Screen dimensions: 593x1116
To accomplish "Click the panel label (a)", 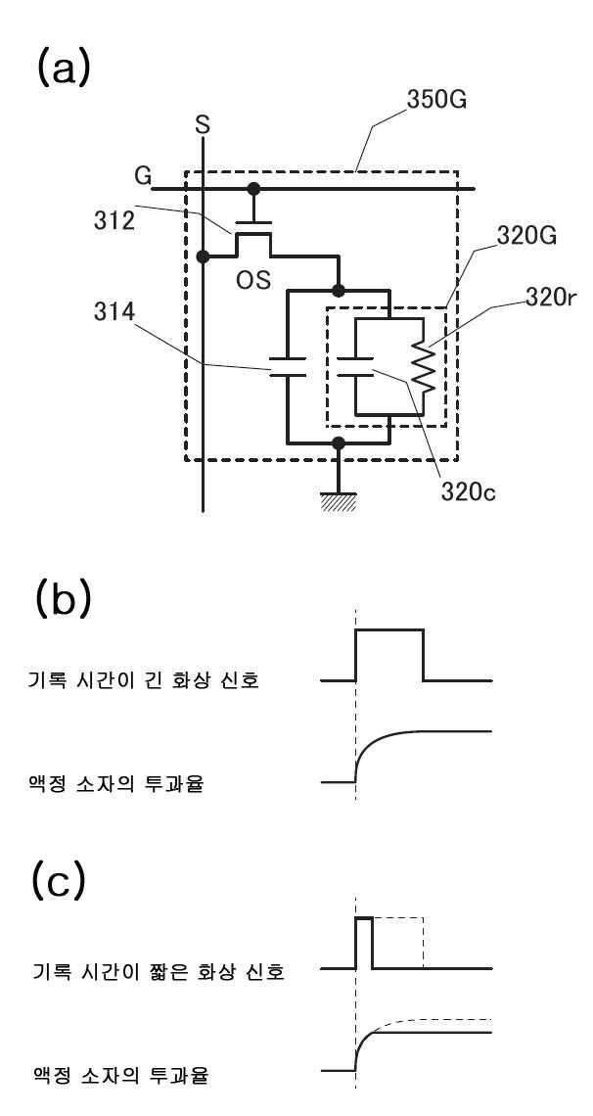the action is coord(63,68).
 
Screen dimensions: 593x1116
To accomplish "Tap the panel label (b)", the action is coord(63,601).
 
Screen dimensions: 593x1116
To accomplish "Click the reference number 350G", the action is coord(436,100).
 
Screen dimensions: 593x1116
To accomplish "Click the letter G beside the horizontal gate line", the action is coord(143,176).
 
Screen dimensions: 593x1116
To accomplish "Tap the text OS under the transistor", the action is coord(253,280).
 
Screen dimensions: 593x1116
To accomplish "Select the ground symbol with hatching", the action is coord(340,500).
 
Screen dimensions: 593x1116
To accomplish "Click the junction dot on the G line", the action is coord(252,189).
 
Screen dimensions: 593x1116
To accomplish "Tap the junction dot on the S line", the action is coord(204,256).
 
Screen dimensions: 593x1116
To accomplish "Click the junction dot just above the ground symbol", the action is coord(340,442).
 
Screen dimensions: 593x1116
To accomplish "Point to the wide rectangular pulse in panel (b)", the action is coord(389,629).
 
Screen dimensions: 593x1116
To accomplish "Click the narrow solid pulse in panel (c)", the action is coord(364,919).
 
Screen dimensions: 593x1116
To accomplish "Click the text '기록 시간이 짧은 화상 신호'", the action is coord(160,970).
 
